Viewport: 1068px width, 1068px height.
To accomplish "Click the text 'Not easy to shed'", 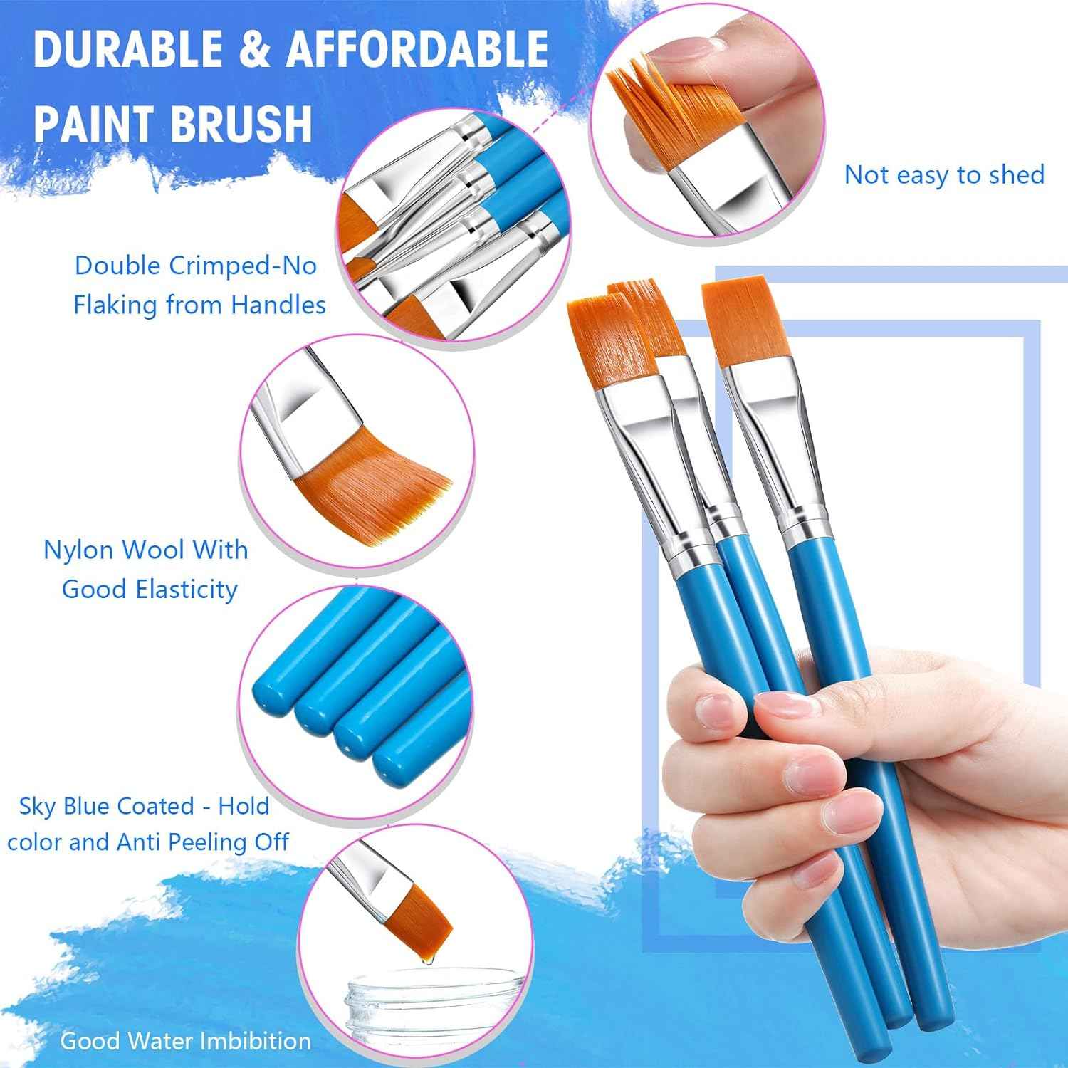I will point(943,174).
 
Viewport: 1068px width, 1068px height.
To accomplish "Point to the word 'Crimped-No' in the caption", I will point(242,266).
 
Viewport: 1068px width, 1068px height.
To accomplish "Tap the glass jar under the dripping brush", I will point(406,1004).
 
